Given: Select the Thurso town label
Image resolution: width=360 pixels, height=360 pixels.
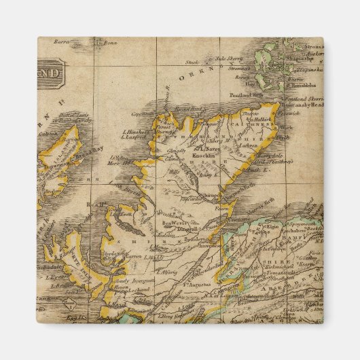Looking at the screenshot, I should pyautogui.click(x=251, y=113).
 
